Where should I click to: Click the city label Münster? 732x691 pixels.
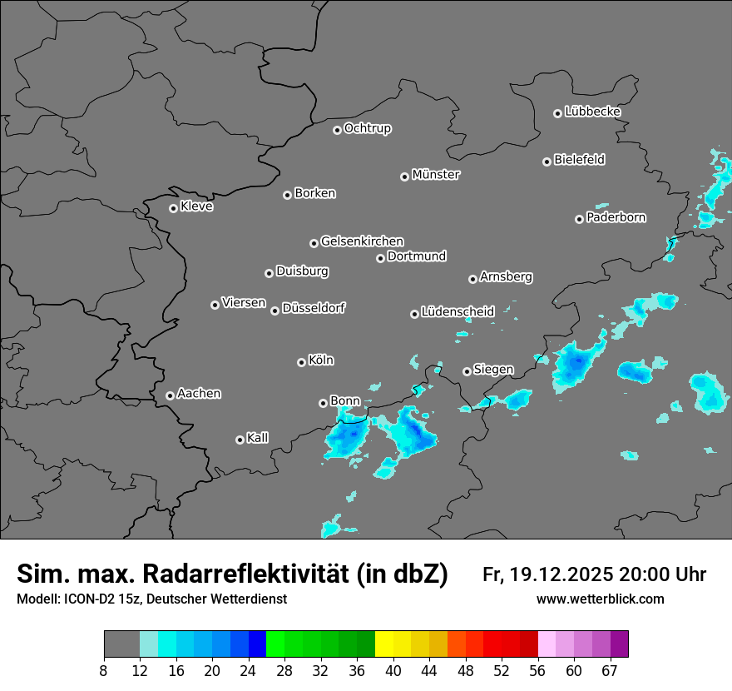(436, 175)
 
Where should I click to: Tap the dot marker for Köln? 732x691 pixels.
(301, 362)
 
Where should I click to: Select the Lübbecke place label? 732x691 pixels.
(592, 112)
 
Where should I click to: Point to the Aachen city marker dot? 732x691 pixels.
(170, 395)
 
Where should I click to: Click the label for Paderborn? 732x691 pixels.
(616, 217)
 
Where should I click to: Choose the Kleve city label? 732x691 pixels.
(196, 206)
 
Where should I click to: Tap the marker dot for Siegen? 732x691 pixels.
(467, 371)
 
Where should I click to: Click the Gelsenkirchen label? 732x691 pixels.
(362, 241)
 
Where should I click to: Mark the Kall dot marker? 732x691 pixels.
(240, 440)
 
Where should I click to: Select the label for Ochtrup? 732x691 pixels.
(367, 128)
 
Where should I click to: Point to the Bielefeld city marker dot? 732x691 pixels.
(547, 162)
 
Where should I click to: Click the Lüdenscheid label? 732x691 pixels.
(457, 312)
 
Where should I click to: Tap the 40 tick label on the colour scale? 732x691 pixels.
(393, 671)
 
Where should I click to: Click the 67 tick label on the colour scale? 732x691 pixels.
(610, 671)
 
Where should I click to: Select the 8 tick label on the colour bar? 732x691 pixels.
(104, 671)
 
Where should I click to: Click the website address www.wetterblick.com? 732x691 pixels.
(601, 599)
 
